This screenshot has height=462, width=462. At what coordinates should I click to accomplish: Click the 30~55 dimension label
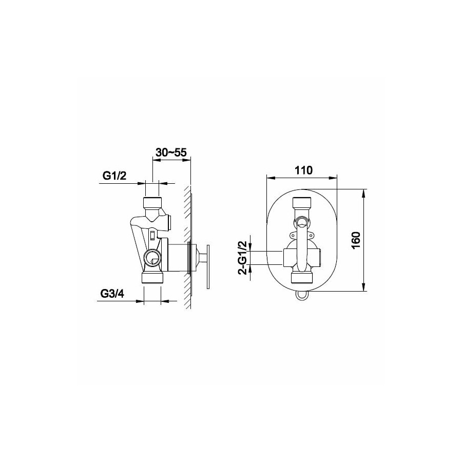pos(171,152)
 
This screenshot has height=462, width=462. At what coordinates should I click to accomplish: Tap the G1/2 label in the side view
pos(114,176)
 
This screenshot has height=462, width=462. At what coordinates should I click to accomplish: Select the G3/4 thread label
pos(112,294)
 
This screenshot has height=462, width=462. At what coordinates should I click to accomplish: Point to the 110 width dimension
pos(303,170)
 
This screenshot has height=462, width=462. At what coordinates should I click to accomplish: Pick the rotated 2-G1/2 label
pos(243,258)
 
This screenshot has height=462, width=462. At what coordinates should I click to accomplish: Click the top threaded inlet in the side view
pos(152,202)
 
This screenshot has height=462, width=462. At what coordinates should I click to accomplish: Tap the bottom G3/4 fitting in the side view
pos(152,278)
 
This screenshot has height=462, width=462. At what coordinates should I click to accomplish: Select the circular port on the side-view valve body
pos(152,257)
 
